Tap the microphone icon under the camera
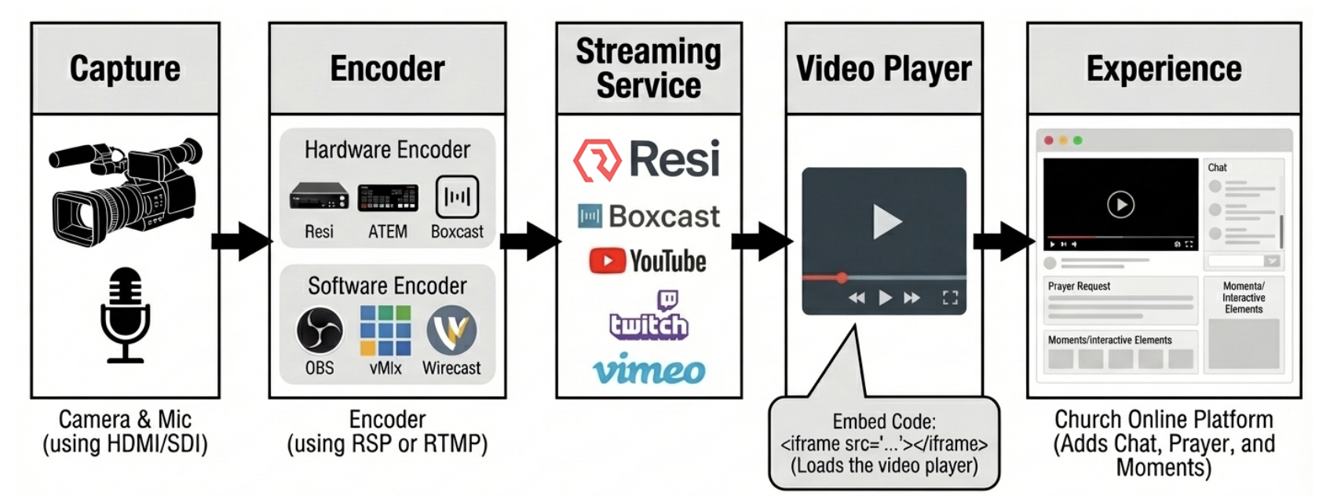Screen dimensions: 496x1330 [125, 315]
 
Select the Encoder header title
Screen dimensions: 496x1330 [387, 69]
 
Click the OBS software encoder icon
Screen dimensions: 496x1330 [320, 330]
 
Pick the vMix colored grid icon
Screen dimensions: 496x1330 [385, 330]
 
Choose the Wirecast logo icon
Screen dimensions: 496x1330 [451, 330]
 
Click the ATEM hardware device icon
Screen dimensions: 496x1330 [388, 197]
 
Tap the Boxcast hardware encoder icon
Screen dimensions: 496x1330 [457, 196]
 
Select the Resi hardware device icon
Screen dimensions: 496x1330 [319, 195]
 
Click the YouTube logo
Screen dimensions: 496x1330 [648, 261]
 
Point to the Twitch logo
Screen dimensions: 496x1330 [649, 316]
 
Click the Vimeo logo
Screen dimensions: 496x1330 [649, 370]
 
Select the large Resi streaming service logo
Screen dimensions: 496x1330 [647, 159]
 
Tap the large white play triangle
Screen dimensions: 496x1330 [886, 222]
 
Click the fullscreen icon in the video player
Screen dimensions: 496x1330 [950, 297]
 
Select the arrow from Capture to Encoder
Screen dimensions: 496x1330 [242, 240]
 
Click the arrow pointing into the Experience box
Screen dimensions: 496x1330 [1003, 240]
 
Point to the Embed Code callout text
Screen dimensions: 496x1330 [884, 443]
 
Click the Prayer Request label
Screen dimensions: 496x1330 [1079, 286]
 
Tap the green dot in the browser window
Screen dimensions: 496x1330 [1078, 140]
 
